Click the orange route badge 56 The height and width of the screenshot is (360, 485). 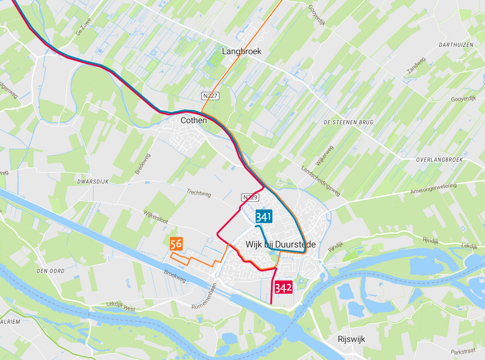click(176, 244)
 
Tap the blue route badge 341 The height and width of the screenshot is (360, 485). click(264, 217)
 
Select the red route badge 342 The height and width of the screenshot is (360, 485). click(283, 287)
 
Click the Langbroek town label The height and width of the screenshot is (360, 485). click(242, 51)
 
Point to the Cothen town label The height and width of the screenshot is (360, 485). click(194, 121)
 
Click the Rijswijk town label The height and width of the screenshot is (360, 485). click(351, 339)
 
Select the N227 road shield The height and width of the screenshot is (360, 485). click(210, 95)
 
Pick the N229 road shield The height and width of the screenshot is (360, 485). click(250, 197)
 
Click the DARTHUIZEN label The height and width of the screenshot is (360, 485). click(456, 45)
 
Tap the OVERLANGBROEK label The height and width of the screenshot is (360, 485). click(439, 160)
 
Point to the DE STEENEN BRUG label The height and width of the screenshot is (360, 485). click(348, 122)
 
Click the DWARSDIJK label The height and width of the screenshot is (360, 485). click(93, 181)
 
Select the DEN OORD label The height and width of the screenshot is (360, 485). click(50, 271)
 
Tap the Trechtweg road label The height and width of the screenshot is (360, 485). click(199, 193)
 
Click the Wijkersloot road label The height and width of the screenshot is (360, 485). click(156, 217)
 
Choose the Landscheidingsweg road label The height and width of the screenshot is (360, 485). click(320, 181)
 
